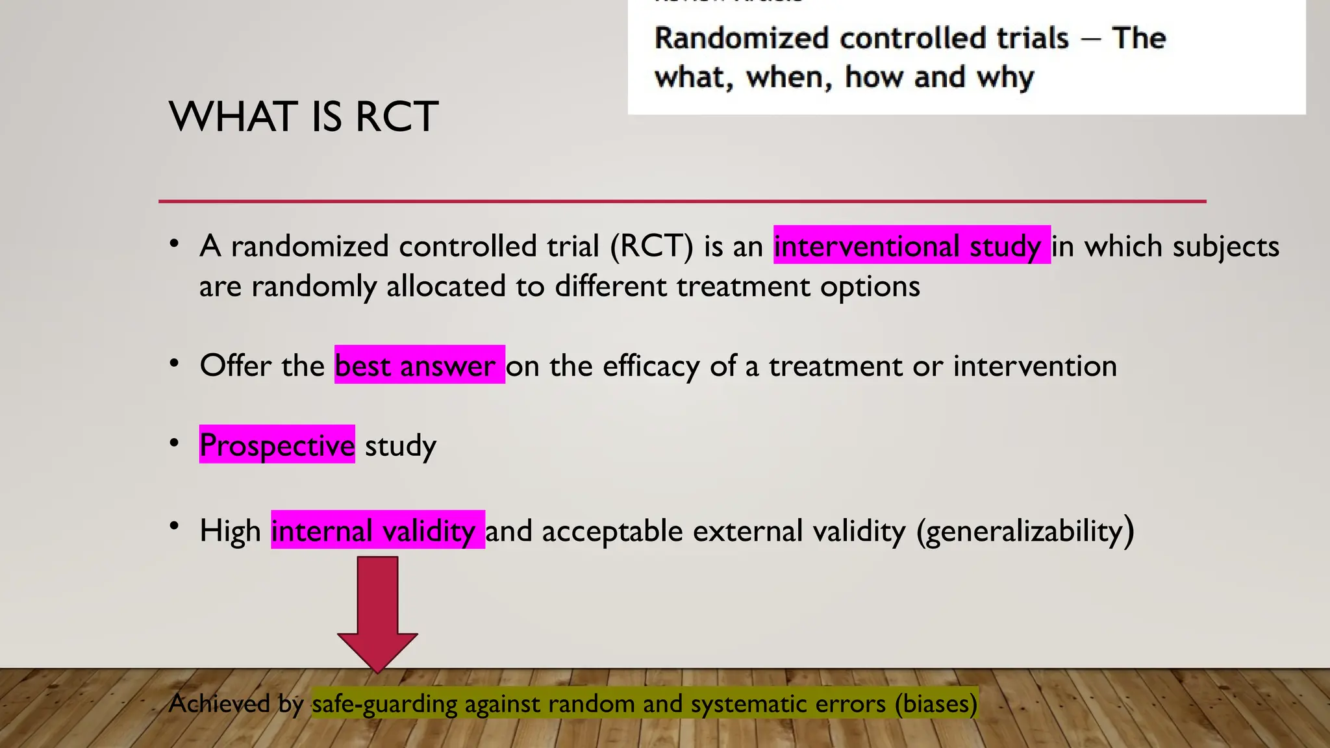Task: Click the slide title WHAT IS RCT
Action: click(x=303, y=117)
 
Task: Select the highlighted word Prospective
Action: click(x=277, y=445)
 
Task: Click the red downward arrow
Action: click(x=377, y=610)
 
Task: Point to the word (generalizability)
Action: click(x=1025, y=531)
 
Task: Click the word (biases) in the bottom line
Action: click(x=935, y=703)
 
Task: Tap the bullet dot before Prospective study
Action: click(x=173, y=443)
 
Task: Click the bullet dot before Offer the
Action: click(x=173, y=364)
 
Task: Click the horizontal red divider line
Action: click(x=682, y=201)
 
